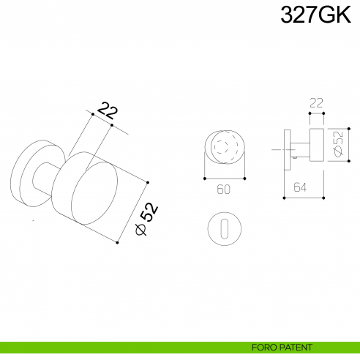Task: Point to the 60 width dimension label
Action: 224,190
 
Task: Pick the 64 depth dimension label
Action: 300,188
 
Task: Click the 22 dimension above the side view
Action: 316,104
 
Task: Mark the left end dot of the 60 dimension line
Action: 203,177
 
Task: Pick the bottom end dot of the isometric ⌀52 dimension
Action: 117,242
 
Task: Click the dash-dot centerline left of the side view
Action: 276,150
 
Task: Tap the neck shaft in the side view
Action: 298,150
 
